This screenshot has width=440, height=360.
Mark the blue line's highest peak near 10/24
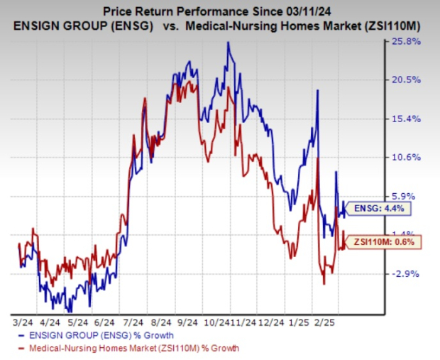pyautogui.click(x=228, y=42)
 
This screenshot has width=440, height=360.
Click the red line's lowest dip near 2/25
pyautogui.click(x=324, y=284)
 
